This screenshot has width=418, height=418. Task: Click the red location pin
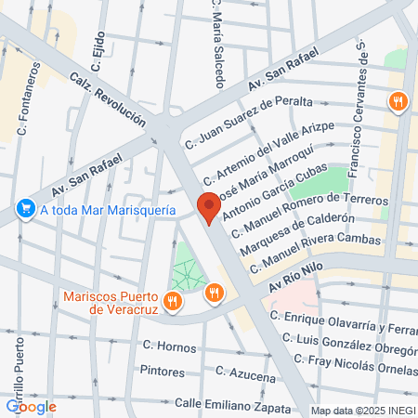[208, 207]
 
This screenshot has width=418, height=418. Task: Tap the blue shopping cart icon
[25, 211]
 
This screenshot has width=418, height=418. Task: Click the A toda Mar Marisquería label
[107, 211]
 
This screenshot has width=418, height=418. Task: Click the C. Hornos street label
[170, 346]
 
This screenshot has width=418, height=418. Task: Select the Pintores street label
[163, 370]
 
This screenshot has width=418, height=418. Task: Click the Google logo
[31, 406]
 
